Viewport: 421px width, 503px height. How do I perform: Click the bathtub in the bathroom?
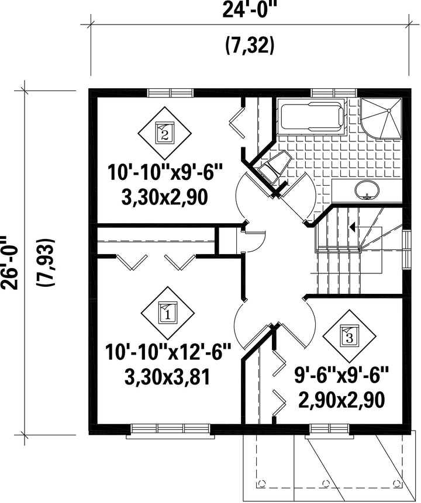[x=312, y=116]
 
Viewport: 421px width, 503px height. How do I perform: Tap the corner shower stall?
[x=381, y=118]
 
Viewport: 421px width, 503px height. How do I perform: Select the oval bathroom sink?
[x=367, y=190]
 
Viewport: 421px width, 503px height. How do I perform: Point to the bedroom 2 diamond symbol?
[x=164, y=133]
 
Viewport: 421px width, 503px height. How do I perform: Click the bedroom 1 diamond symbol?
[x=168, y=313]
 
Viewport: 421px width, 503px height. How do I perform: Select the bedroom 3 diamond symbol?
[x=350, y=336]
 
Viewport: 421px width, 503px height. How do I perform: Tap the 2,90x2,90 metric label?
[x=341, y=400]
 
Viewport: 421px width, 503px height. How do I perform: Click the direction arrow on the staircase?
[x=365, y=227]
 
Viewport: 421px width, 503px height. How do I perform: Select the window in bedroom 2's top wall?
[x=171, y=93]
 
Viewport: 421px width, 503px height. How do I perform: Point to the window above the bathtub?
[x=334, y=93]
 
